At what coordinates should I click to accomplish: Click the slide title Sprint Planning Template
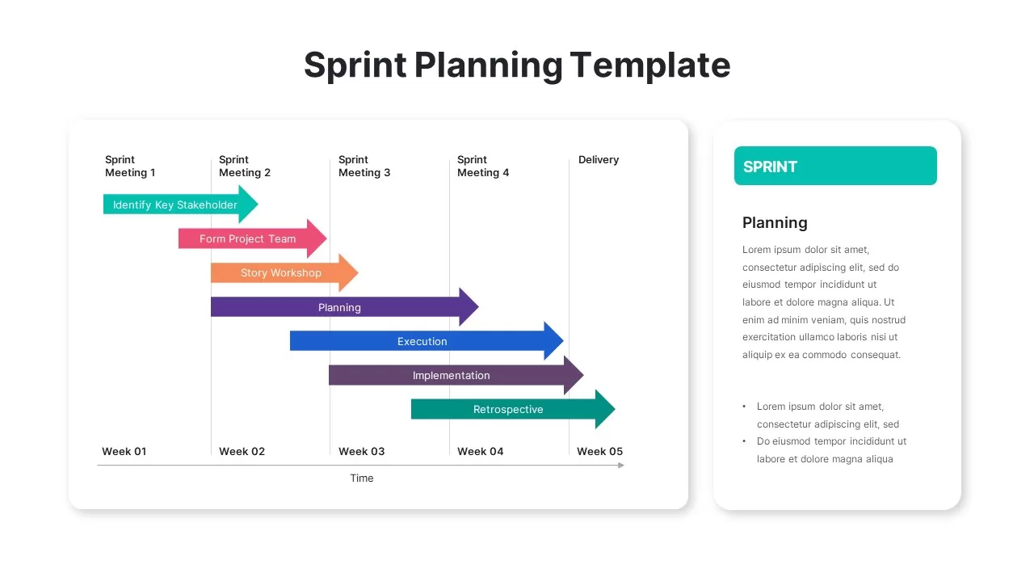tap(517, 65)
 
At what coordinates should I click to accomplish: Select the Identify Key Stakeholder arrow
tap(176, 205)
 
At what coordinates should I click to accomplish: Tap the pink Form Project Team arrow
tap(249, 238)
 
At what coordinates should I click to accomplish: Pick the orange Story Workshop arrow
tap(281, 272)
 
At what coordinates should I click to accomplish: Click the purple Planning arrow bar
tap(339, 307)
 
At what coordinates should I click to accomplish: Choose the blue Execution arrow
tap(422, 341)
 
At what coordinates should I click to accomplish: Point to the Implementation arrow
tap(451, 375)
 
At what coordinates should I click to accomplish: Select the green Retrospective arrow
tap(507, 409)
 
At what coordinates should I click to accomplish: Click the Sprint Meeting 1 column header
tap(130, 166)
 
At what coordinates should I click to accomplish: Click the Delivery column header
tap(599, 160)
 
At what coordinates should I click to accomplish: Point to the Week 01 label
tap(124, 451)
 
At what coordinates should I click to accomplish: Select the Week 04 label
tap(480, 451)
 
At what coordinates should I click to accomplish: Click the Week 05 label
tap(599, 451)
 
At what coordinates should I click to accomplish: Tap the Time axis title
tap(362, 478)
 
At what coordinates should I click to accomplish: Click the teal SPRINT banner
tap(835, 166)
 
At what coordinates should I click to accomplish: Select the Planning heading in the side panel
tap(775, 222)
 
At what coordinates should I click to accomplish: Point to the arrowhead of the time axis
tap(621, 465)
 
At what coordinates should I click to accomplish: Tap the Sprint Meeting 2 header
tap(245, 166)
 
